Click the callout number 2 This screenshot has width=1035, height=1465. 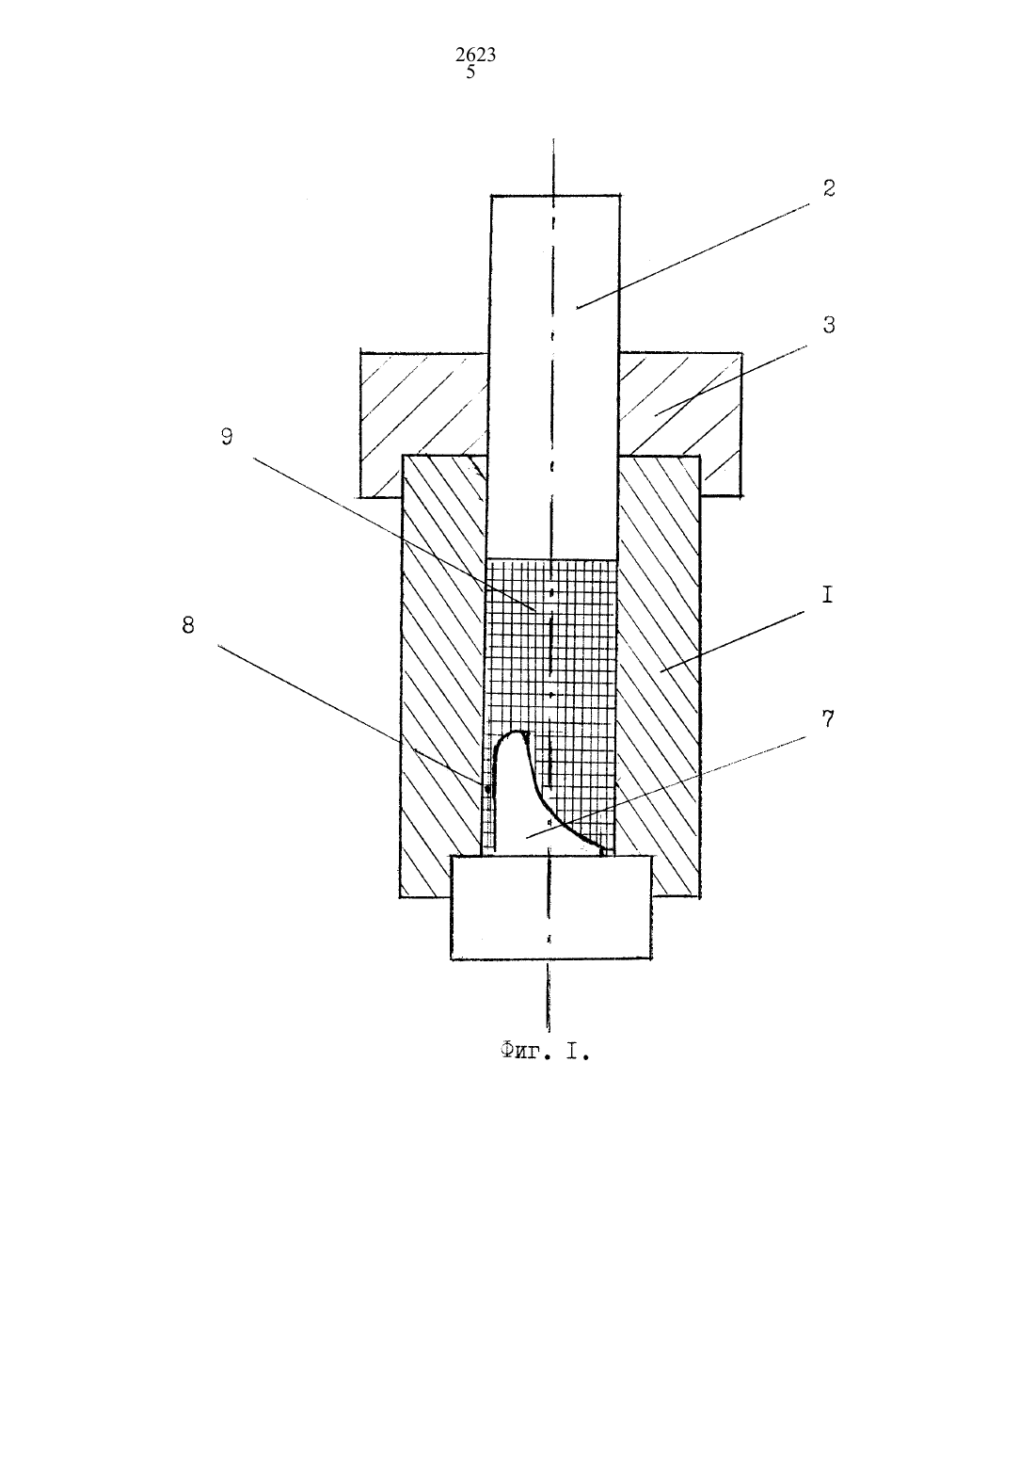point(829,188)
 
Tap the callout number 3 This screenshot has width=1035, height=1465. point(829,325)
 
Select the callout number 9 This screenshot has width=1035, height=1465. point(227,437)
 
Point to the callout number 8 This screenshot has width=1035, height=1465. point(188,625)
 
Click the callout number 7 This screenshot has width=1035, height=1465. point(828,719)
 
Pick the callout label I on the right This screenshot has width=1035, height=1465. point(827,595)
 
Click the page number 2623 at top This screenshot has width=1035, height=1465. point(476,55)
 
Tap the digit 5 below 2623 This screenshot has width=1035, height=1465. point(470,72)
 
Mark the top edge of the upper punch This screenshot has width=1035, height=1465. point(555,195)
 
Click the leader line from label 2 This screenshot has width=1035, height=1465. point(693,255)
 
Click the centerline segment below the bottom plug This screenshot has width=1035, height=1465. point(549,995)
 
